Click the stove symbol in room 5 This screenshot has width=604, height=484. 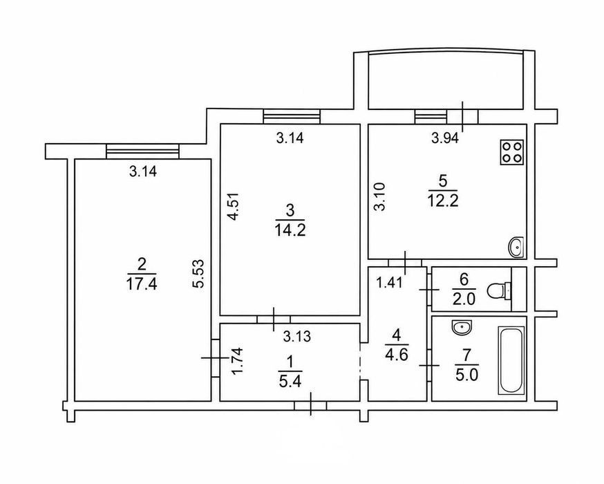tap(512, 152)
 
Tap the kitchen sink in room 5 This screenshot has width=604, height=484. tap(516, 247)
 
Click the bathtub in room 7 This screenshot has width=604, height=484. tap(511, 361)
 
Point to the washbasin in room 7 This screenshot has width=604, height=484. tap(462, 327)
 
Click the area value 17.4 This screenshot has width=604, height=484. tap(142, 284)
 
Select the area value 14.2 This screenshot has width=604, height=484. tap(290, 230)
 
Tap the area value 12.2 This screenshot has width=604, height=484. tap(442, 201)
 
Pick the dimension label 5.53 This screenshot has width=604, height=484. tap(200, 274)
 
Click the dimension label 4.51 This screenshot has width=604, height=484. tap(234, 206)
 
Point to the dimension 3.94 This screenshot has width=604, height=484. tap(445, 138)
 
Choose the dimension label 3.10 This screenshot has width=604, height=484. tap(380, 196)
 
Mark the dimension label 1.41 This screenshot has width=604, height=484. tap(390, 283)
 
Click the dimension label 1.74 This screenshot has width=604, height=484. tap(239, 361)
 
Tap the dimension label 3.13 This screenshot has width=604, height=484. tap(296, 337)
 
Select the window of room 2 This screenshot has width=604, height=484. tap(143, 151)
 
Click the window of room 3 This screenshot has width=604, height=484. tap(292, 116)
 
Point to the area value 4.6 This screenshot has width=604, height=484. tap(396, 354)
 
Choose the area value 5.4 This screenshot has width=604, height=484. tap(290, 382)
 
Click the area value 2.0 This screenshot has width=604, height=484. tap(464, 299)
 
